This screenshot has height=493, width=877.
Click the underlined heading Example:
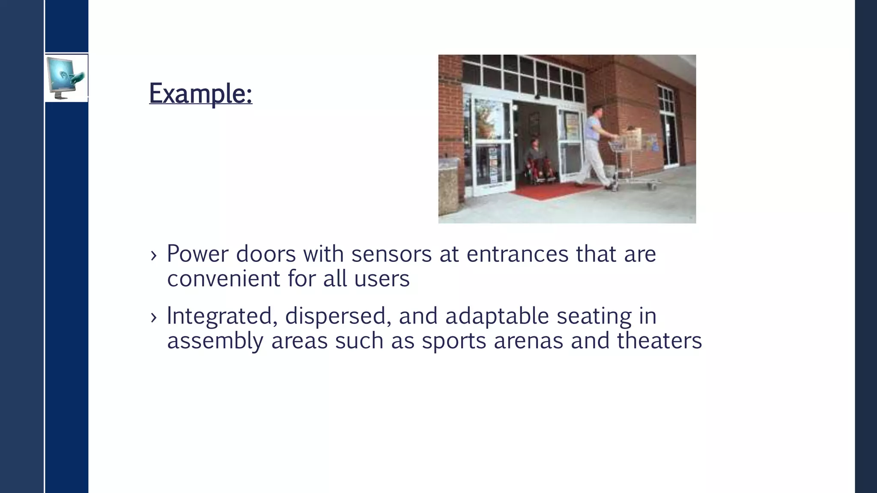200,93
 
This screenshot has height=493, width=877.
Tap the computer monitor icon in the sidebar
66,78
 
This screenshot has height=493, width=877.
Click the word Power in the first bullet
197,254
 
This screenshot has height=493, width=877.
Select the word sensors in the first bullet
391,254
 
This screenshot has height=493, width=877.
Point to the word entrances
517,254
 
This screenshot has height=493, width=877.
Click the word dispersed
338,316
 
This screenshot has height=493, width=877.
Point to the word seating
594,316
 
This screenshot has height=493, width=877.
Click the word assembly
215,341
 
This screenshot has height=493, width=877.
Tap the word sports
454,341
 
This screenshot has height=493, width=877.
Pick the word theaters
659,341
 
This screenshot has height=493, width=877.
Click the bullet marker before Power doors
154,256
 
